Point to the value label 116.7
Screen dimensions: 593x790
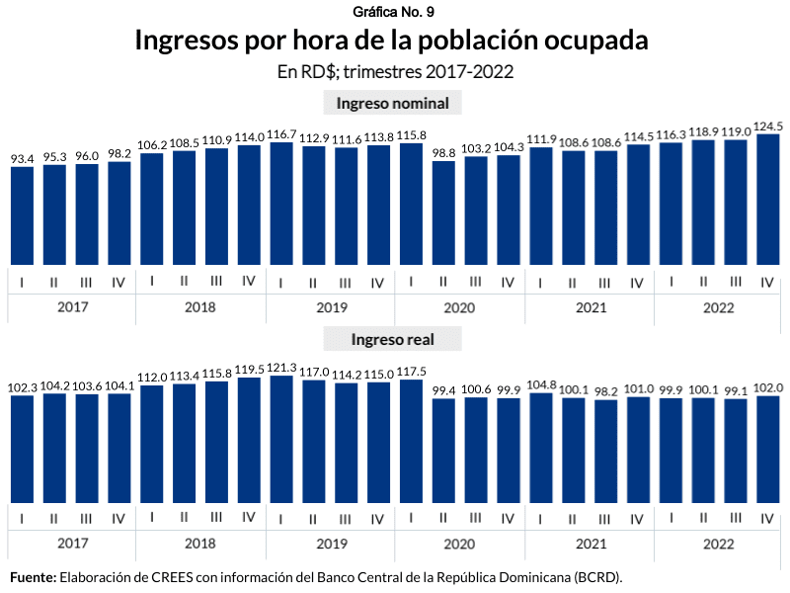(281, 133)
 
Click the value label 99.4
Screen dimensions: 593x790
(443, 389)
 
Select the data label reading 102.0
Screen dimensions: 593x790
(767, 387)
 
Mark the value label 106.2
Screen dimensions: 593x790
(152, 144)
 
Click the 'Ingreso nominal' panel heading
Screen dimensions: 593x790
(393, 104)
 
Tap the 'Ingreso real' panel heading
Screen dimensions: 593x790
(393, 339)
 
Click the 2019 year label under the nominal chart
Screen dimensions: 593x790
(331, 307)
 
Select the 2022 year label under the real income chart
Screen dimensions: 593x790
(719, 544)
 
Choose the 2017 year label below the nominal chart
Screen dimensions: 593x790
(72, 307)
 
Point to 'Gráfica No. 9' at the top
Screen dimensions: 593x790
(393, 11)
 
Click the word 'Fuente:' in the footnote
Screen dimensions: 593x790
(33, 576)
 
